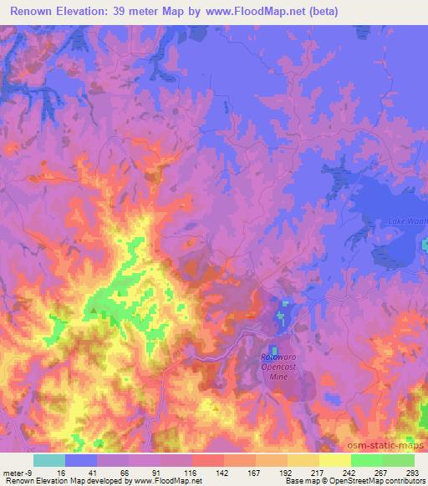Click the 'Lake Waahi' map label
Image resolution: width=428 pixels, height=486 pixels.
[405, 220]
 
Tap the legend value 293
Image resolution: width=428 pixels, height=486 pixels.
[413, 472]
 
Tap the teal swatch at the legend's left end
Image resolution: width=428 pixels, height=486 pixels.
[49, 460]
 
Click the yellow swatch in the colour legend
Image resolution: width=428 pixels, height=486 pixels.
[334, 460]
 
